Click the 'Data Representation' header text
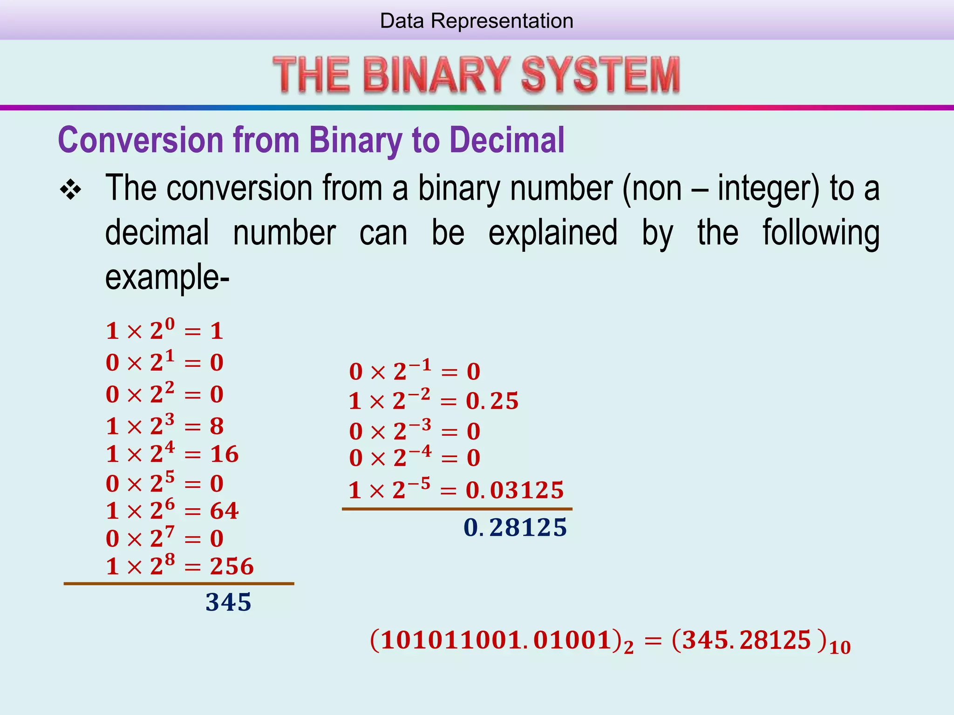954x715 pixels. (477, 21)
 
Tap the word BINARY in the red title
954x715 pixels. (436, 74)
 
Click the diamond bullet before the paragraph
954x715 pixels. (71, 190)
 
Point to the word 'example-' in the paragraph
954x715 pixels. (167, 277)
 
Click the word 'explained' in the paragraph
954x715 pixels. (553, 232)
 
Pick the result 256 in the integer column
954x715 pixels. (232, 567)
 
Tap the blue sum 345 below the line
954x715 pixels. (228, 602)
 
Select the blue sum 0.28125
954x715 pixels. (515, 527)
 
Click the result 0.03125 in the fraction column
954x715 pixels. (515, 490)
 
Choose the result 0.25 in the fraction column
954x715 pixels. (492, 401)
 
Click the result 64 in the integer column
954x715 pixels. (224, 511)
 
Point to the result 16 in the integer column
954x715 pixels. (224, 454)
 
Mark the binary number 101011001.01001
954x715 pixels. (497, 640)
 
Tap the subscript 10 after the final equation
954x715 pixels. (840, 648)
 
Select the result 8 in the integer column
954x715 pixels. (217, 426)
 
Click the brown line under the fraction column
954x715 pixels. (457, 509)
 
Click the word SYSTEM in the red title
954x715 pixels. (600, 74)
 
